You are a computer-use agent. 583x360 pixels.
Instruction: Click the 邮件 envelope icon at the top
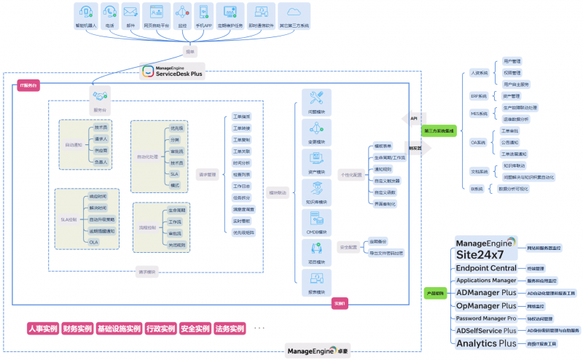pos(131,12)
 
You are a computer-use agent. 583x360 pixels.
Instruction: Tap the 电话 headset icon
pos(110,12)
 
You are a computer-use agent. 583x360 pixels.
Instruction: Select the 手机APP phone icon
pos(203,12)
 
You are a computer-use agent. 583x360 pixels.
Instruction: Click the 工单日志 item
pos(241,186)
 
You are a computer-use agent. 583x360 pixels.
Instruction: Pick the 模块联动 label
pos(278,192)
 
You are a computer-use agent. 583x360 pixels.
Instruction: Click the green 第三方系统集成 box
pos(439,131)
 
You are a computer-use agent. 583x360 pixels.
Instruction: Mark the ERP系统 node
pos(478,95)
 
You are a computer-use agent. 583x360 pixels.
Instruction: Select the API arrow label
pos(414,117)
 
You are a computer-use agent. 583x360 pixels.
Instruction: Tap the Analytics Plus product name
pos(487,343)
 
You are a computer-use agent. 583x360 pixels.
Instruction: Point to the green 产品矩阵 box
pos(435,293)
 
